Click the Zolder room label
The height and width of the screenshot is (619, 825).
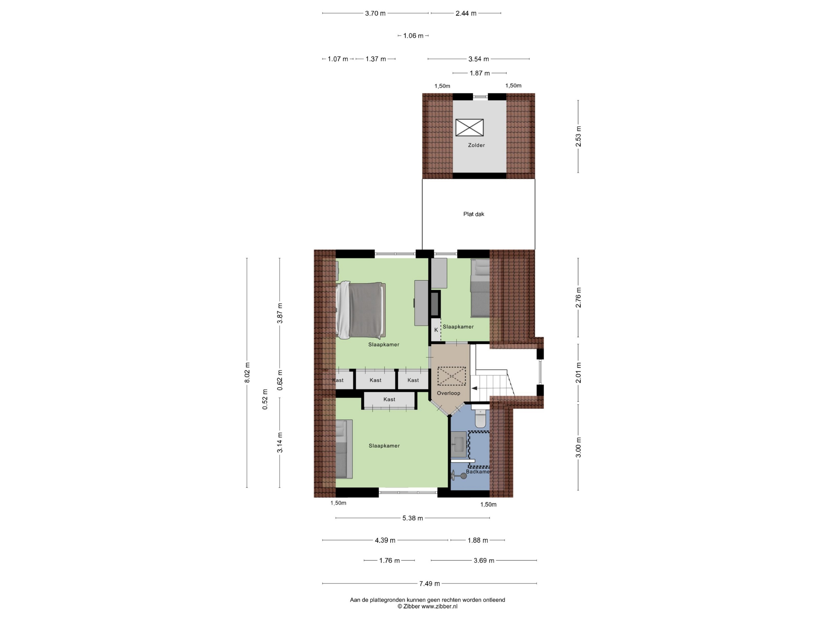[x=476, y=145]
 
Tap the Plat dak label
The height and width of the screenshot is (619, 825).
[x=474, y=214]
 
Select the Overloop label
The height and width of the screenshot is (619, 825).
[x=448, y=393]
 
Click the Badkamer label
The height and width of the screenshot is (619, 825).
[x=478, y=472]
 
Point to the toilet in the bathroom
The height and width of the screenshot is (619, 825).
[x=480, y=418]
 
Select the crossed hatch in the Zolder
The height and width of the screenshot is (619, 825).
[x=470, y=128]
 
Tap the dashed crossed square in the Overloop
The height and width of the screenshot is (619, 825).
[x=452, y=376]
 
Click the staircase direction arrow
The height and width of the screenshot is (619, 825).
[x=474, y=388]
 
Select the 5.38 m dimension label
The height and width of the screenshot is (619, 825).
[x=412, y=518]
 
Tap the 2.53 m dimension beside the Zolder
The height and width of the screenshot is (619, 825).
[x=578, y=136]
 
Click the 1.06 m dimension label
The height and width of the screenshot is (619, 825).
[x=413, y=36]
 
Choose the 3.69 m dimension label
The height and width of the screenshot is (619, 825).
[x=484, y=560]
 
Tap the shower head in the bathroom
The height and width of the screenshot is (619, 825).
[x=463, y=476]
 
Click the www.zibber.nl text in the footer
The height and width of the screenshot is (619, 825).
[x=439, y=606]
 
